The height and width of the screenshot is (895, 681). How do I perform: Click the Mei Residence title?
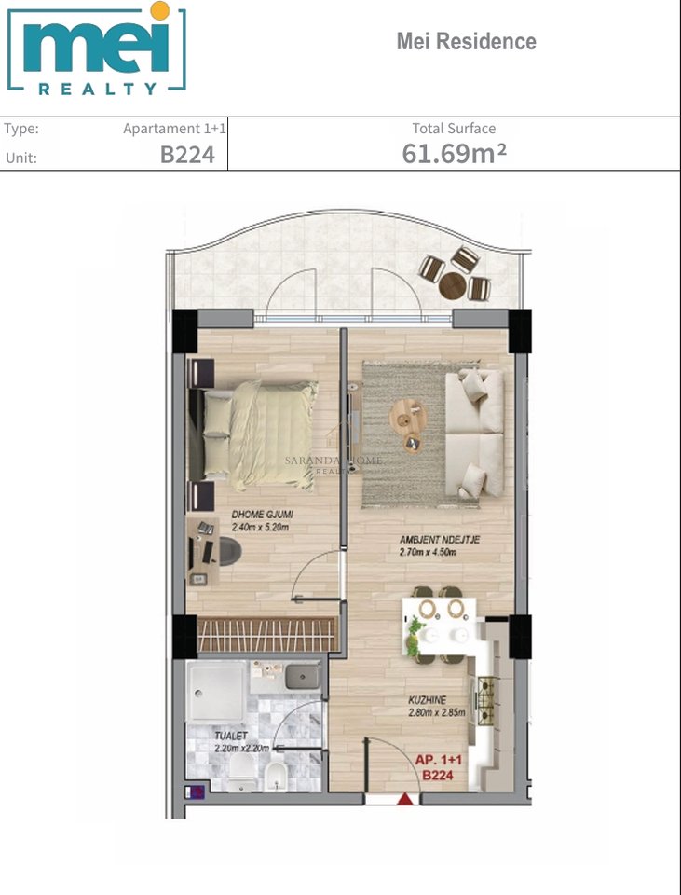click(466, 42)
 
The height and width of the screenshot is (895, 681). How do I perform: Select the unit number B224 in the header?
click(187, 155)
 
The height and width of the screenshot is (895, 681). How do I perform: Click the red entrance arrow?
click(404, 799)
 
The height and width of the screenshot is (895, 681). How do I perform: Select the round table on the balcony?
click(453, 284)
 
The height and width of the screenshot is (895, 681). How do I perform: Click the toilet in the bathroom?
click(239, 769)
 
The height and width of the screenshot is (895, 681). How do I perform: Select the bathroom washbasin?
click(301, 676)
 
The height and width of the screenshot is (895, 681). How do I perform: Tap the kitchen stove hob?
click(485, 700)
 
